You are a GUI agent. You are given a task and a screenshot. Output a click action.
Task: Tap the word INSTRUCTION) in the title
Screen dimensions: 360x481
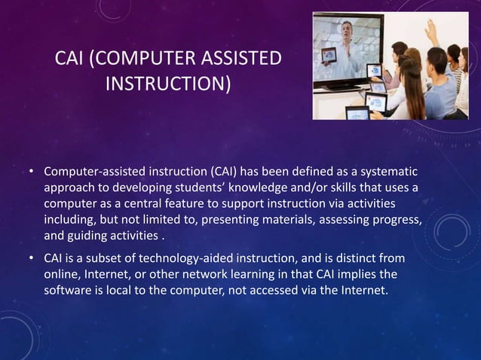pos(168,82)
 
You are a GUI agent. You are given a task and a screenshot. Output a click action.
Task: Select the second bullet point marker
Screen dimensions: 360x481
pos(32,259)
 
